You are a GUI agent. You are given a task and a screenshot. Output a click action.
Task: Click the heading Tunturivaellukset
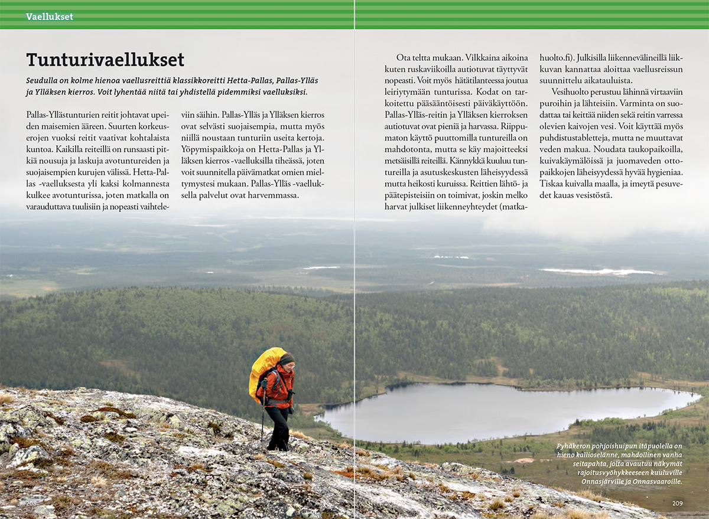(105, 60)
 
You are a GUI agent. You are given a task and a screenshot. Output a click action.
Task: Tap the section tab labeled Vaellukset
(50, 17)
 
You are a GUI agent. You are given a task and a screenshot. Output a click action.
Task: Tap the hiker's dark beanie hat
(287, 358)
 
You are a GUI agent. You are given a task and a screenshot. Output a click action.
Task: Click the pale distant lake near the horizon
(597, 272)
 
